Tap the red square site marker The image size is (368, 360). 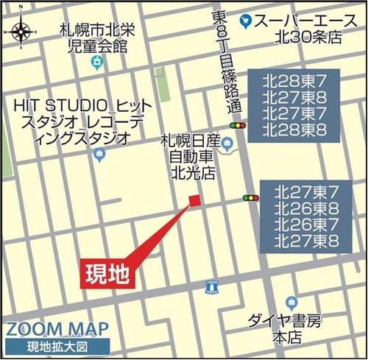pos(194,200)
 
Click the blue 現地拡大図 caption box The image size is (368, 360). pos(57,346)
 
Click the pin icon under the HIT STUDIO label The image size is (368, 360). pos(100,155)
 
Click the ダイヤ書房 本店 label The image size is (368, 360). pos(286,329)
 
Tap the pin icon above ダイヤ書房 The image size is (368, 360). pos(291,302)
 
